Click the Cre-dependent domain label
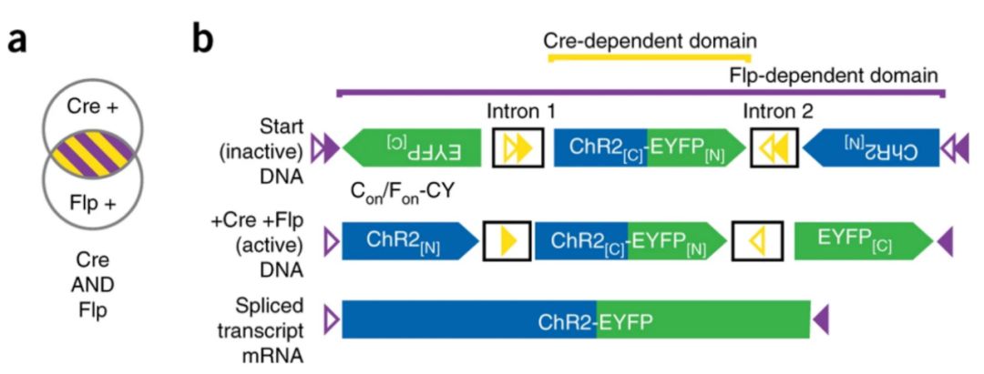(x=650, y=40)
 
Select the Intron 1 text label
(x=520, y=114)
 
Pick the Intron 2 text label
(x=777, y=114)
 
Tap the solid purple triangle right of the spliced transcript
(x=821, y=319)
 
